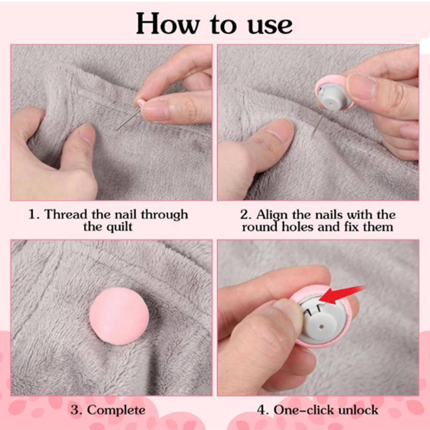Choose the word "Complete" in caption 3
[x=116, y=410]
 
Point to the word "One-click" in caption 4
[x=300, y=410]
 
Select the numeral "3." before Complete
[x=76, y=410]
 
